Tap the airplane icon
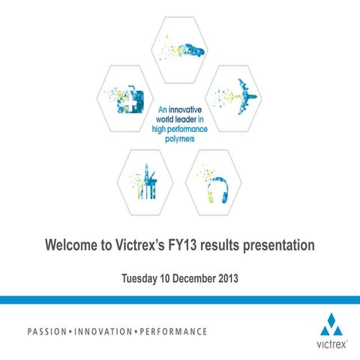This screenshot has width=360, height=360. coord(241,97)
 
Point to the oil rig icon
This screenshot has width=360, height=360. coord(147,182)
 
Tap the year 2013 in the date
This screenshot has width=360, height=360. coord(226,280)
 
